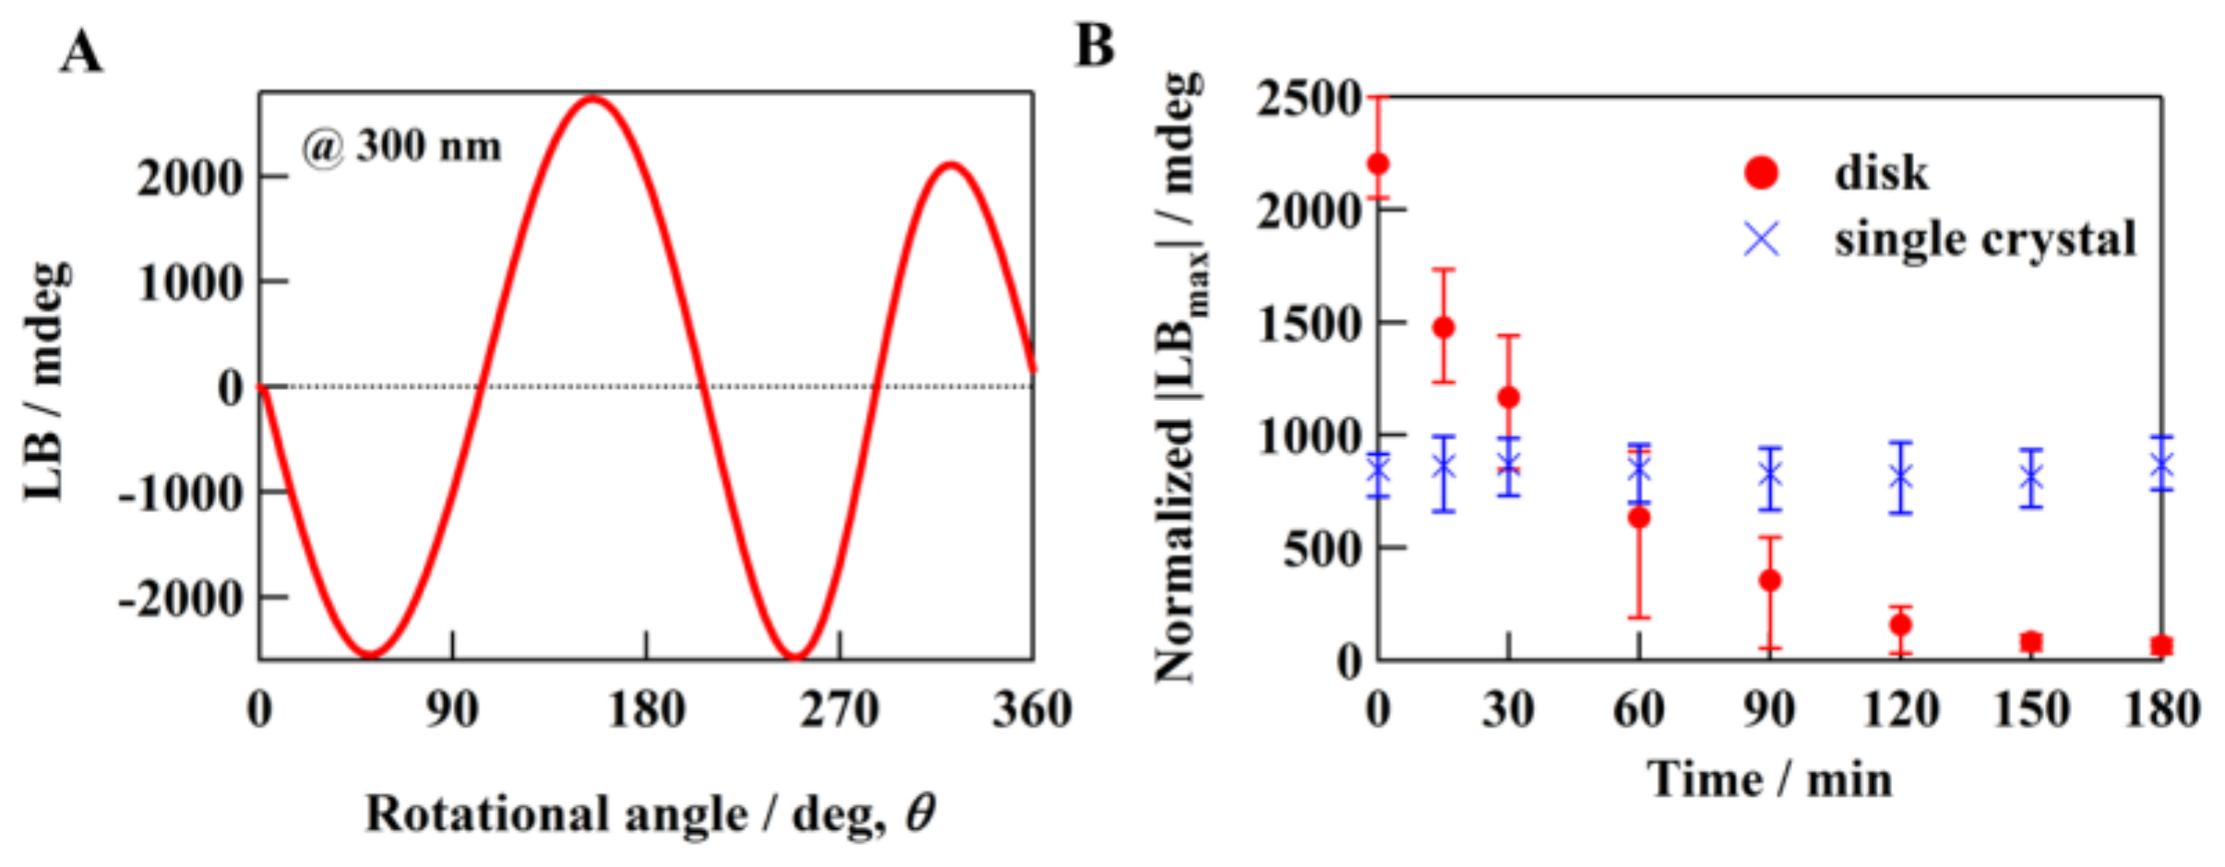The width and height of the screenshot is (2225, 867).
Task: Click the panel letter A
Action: coord(81,53)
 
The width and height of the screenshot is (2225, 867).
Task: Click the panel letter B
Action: coord(1095,46)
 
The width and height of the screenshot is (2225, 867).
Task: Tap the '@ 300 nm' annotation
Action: coord(402,147)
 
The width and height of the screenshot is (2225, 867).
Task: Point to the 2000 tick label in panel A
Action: coord(189,177)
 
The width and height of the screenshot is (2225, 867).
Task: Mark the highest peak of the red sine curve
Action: coord(593,98)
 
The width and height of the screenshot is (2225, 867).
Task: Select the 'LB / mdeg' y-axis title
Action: coord(46,383)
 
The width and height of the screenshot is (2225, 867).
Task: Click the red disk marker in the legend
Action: coord(1761,172)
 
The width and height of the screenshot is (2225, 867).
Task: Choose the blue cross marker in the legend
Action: coord(1761,240)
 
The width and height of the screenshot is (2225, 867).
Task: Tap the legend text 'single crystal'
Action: coord(1985,240)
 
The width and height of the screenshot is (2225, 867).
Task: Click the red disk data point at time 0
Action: coord(1378,164)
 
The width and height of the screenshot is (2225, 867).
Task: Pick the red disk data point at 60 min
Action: coord(1638,518)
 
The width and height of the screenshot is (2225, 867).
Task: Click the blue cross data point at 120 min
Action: coord(1900,477)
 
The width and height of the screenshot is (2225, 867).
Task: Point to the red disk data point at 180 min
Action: coord(2161,646)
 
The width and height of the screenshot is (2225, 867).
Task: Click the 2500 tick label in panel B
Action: coord(1309,98)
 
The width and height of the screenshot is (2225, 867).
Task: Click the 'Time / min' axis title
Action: coord(1769,780)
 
